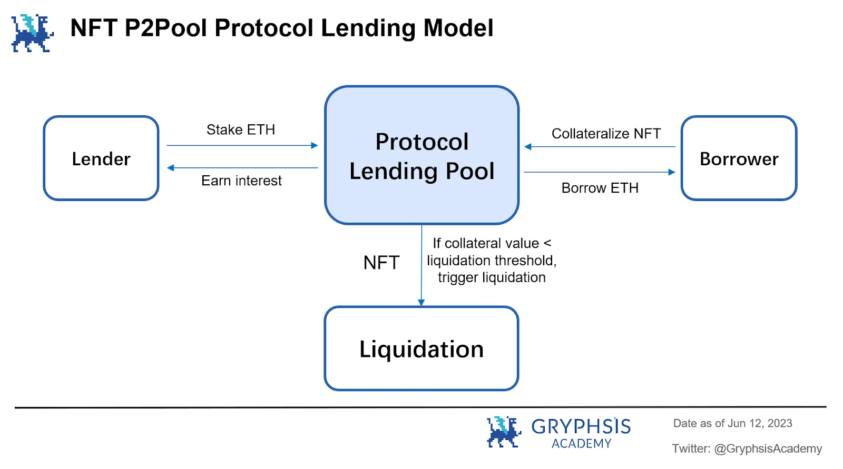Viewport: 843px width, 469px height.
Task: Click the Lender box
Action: coord(101,158)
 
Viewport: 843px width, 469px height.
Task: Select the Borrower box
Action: coord(739,158)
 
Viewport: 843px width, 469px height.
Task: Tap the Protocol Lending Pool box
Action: coord(421,156)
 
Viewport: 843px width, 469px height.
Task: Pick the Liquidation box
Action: coord(421,349)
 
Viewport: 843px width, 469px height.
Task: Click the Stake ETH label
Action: coord(241,129)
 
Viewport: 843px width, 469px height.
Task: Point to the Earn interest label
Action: coord(241,181)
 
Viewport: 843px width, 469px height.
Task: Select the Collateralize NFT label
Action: coord(606,134)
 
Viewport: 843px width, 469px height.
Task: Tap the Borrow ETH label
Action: coord(600,188)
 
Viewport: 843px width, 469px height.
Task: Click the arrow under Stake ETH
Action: coord(242,145)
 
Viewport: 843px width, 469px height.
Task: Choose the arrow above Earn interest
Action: coord(242,168)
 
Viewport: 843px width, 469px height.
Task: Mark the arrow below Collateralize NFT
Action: coord(600,147)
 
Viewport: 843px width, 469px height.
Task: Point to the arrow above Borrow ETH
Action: coord(600,172)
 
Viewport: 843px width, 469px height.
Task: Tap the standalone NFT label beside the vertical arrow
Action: coord(381,263)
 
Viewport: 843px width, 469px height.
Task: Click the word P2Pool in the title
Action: coord(166,28)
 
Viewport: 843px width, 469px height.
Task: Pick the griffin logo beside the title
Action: coord(32,33)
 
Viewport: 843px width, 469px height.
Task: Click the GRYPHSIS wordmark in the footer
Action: coord(581,426)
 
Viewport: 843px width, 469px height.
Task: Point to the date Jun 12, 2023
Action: coord(760,423)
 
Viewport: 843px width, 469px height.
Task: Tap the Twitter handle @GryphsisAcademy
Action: coord(768,448)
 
